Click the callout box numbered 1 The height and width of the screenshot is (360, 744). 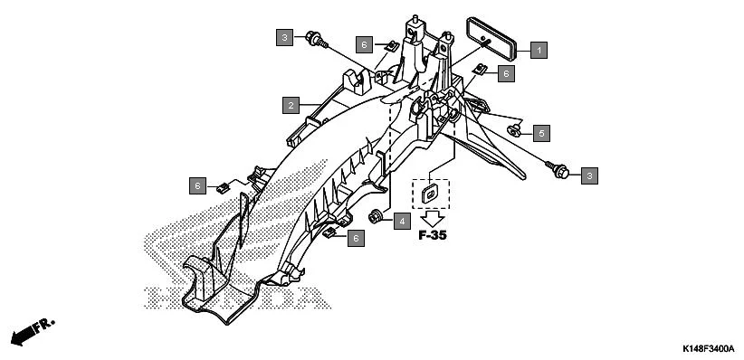(x=539, y=50)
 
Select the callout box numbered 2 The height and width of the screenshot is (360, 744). (x=290, y=106)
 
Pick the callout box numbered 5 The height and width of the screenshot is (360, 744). (x=541, y=134)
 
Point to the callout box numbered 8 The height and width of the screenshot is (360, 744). (x=505, y=73)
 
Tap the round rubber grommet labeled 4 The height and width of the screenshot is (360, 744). (x=374, y=216)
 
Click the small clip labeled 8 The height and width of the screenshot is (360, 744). (x=482, y=69)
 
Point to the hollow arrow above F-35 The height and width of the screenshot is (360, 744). (x=433, y=217)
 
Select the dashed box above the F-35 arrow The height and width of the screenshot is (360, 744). (x=431, y=191)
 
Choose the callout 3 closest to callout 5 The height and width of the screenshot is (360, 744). (x=589, y=174)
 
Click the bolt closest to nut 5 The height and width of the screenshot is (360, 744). (x=555, y=166)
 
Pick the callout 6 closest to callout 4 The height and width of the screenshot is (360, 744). (x=357, y=239)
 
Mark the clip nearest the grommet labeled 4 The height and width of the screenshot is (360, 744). (x=332, y=232)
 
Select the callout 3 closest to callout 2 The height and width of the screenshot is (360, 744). (x=285, y=37)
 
